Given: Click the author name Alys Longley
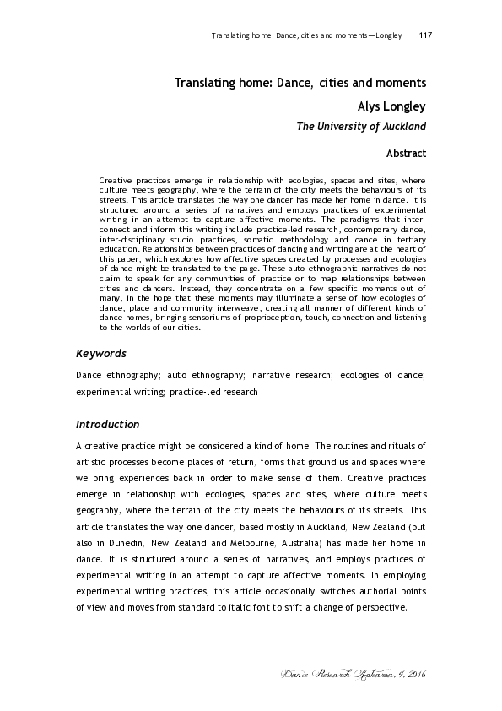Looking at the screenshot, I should click(x=392, y=107).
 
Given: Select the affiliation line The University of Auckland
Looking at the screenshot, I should click(x=360, y=127).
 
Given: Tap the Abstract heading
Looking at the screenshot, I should click(x=406, y=154).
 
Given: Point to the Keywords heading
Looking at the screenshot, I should click(x=101, y=353).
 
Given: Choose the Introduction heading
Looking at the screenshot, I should click(x=107, y=424).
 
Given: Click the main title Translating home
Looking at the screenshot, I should click(x=300, y=84).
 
